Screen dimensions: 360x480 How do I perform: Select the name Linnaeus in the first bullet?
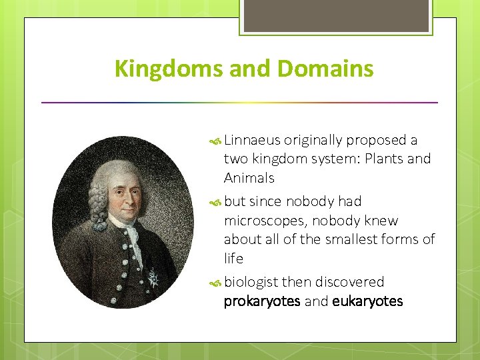[x=253, y=140]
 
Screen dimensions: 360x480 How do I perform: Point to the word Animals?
[x=249, y=178]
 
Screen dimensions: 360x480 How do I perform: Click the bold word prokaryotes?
[x=261, y=301]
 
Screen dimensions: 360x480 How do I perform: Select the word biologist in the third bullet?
[x=251, y=282]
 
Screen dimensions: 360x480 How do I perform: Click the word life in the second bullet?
[x=233, y=258]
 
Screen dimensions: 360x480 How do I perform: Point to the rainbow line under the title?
[x=239, y=103]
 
